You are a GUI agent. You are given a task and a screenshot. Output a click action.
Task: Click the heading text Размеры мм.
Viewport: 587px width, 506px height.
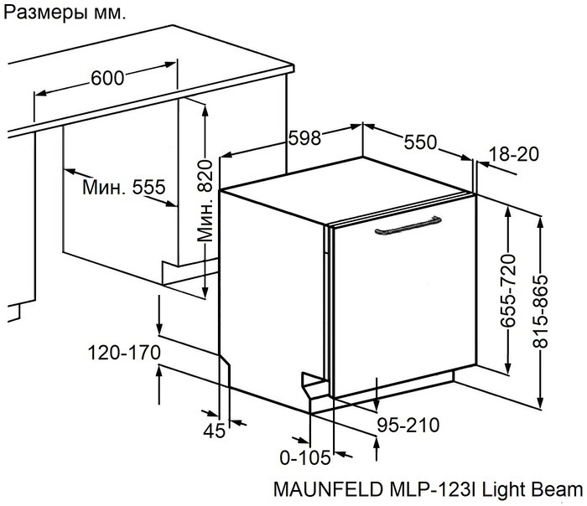(66, 14)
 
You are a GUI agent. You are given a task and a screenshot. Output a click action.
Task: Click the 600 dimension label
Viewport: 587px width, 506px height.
(106, 78)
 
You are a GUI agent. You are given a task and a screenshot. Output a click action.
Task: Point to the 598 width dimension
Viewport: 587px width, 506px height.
(304, 139)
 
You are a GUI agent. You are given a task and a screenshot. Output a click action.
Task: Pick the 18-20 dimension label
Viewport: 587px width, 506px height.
(512, 154)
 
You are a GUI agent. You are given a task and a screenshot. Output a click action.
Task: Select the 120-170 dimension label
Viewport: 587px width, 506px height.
(124, 353)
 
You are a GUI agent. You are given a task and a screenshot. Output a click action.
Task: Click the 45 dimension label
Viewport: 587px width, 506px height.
(216, 431)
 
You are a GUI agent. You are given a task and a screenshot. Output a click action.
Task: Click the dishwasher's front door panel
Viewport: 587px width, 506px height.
(403, 310)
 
